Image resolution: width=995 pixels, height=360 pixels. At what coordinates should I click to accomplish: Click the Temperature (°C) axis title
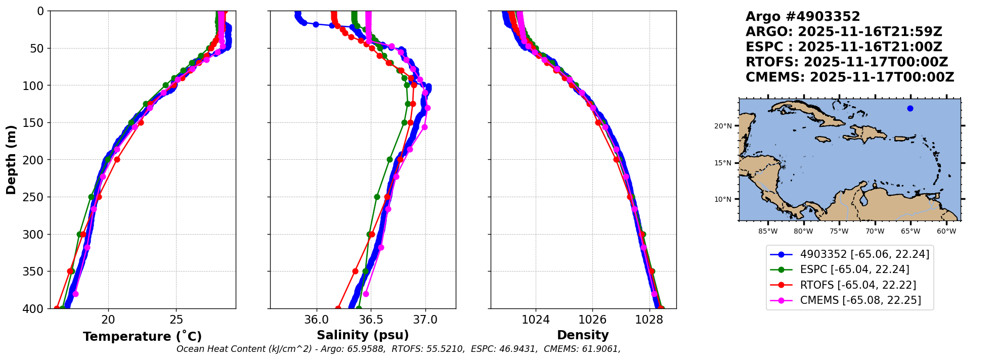[x=142, y=336]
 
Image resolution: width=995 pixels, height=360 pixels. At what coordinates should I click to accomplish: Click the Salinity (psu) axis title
[x=363, y=335]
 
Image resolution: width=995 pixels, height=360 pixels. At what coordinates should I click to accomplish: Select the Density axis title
[x=583, y=335]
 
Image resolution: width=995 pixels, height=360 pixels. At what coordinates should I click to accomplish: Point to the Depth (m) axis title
[x=11, y=160]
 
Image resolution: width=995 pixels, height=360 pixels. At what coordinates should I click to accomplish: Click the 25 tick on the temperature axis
[x=176, y=320]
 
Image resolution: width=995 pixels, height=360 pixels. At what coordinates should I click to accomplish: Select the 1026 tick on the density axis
[x=592, y=320]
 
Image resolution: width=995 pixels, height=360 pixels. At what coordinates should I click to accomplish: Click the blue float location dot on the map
[x=910, y=108]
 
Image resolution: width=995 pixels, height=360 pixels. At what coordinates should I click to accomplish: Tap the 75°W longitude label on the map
[x=839, y=232]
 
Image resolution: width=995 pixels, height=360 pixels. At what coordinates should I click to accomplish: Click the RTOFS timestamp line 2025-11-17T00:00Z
[x=847, y=62]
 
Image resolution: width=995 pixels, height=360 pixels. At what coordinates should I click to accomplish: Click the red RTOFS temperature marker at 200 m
[x=117, y=159]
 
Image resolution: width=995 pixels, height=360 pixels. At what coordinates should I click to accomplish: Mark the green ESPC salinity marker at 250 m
[x=377, y=197]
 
